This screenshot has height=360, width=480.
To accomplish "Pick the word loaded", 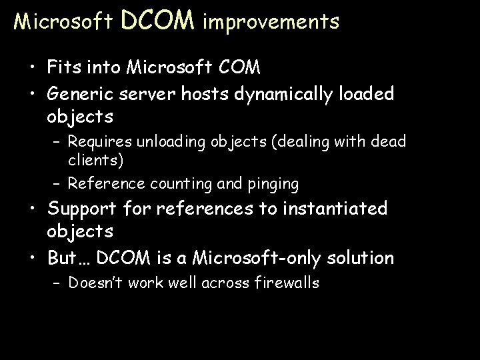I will click(368, 94).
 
